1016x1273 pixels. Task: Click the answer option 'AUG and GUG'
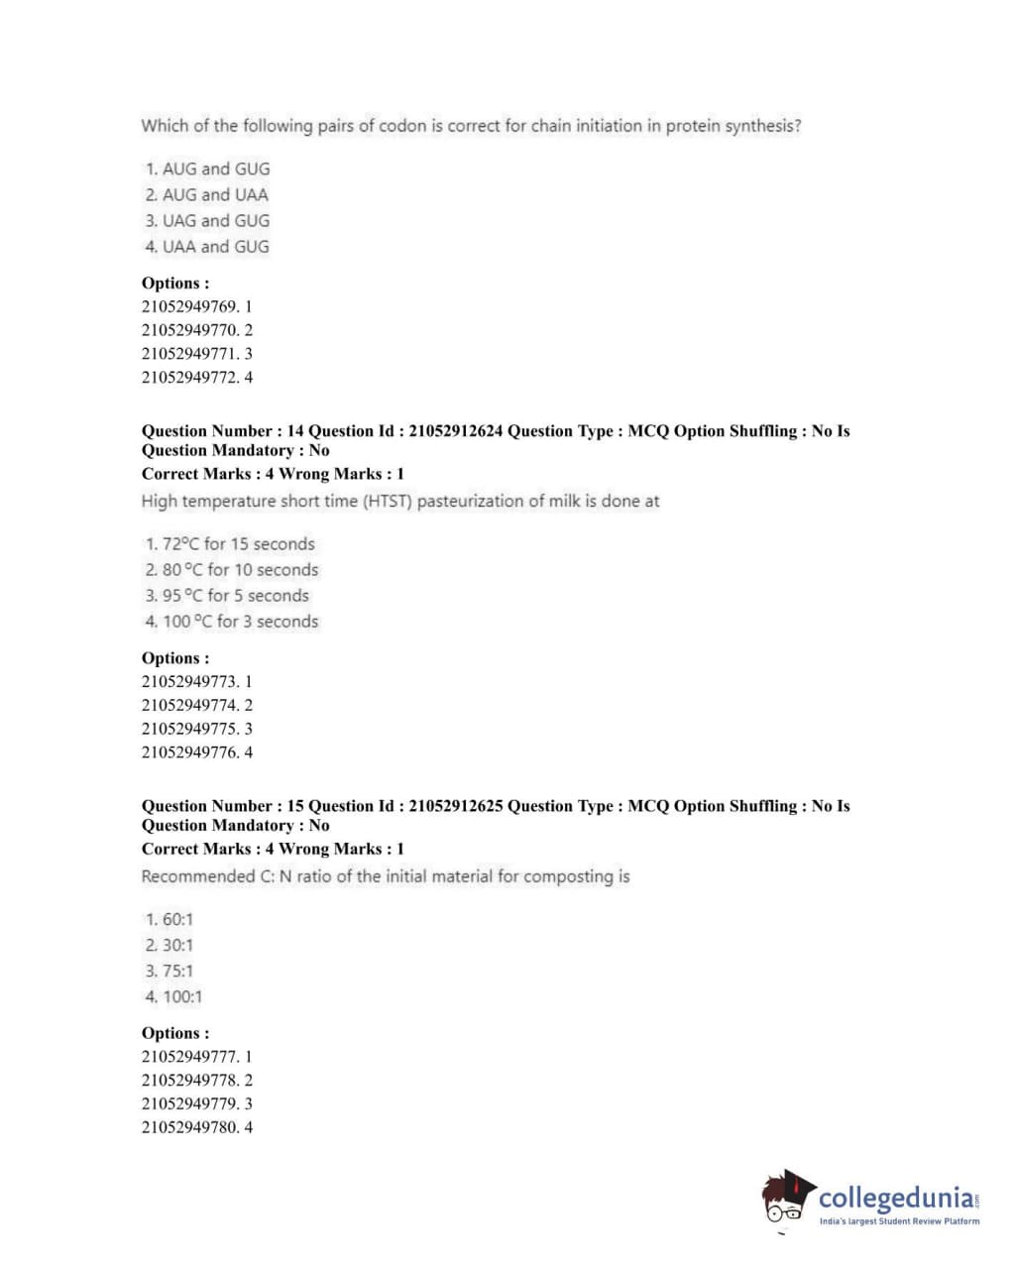pyautogui.click(x=215, y=170)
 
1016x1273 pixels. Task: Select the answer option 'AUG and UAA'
pyautogui.click(x=215, y=195)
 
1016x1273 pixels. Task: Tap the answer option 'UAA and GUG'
pyautogui.click(x=215, y=247)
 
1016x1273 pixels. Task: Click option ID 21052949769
pyautogui.click(x=196, y=306)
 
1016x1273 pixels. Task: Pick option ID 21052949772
pyautogui.click(x=196, y=378)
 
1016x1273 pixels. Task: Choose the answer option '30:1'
pyautogui.click(x=177, y=946)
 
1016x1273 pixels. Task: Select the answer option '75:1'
pyautogui.click(x=177, y=972)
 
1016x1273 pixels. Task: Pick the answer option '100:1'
pyautogui.click(x=181, y=997)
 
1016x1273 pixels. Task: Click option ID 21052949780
pyautogui.click(x=196, y=1127)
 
